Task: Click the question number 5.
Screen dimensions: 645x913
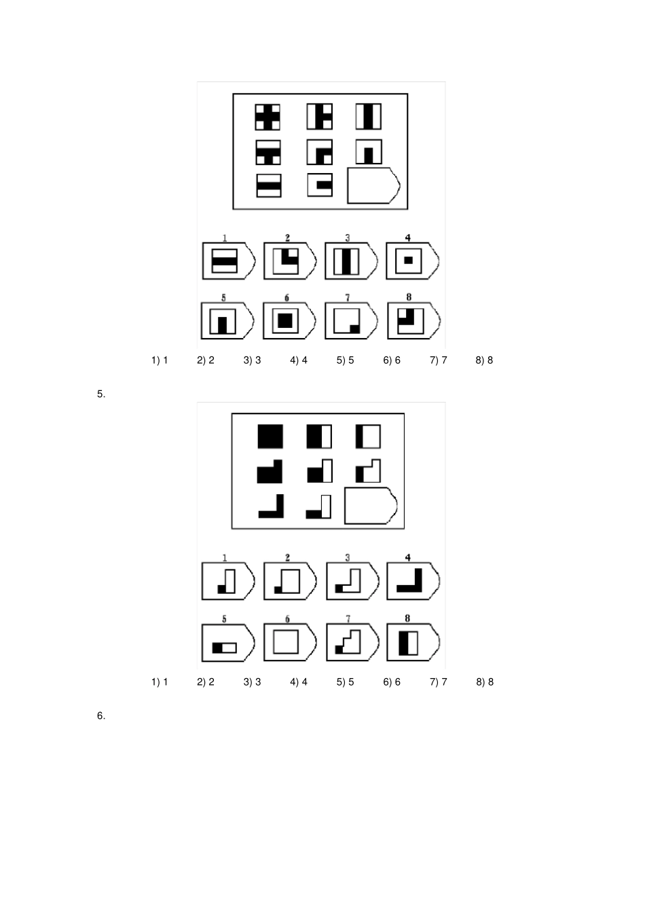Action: [x=101, y=394]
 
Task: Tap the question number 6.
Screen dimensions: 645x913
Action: [x=101, y=716]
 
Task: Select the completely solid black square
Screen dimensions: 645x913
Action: [x=270, y=436]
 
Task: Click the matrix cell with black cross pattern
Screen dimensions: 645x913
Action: [x=268, y=117]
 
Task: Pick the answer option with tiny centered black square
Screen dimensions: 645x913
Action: [x=413, y=261]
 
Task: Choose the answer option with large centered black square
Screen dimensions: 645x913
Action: [x=289, y=320]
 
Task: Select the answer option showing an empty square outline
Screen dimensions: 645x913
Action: [x=289, y=642]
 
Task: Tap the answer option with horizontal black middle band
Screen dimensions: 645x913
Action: [x=229, y=261]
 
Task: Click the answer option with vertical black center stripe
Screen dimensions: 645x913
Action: [x=350, y=261]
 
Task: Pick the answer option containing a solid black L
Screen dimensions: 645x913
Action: [x=413, y=581]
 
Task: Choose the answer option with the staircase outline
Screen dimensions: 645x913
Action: [x=352, y=642]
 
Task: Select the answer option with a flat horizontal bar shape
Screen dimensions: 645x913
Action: [x=228, y=643]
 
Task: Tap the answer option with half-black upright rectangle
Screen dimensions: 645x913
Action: [x=413, y=642]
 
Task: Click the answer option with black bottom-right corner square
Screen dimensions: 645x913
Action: [x=350, y=320]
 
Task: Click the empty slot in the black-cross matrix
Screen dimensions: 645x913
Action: [x=373, y=185]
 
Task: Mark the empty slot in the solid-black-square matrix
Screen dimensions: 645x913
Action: [x=371, y=506]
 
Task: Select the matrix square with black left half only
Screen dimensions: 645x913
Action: [x=319, y=436]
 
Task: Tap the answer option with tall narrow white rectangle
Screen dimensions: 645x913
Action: [x=228, y=581]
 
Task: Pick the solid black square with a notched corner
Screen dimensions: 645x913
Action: [x=270, y=472]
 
